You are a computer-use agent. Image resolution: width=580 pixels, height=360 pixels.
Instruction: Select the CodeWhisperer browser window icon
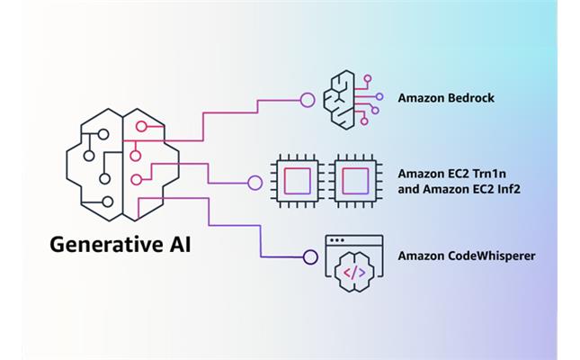click(x=353, y=261)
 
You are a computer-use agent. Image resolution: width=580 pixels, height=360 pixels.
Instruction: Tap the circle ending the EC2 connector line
click(x=255, y=183)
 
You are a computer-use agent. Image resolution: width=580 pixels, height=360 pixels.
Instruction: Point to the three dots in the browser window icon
click(x=337, y=241)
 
